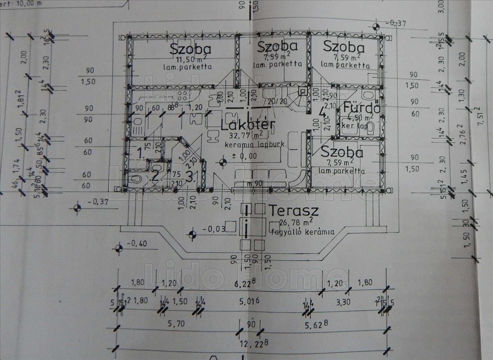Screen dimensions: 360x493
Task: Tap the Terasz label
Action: pyautogui.click(x=294, y=211)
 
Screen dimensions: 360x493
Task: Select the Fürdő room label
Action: pyautogui.click(x=361, y=108)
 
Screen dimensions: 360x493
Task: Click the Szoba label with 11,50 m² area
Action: pyautogui.click(x=191, y=49)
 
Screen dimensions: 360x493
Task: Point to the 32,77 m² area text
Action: pyautogui.click(x=247, y=135)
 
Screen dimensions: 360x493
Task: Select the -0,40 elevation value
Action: pyautogui.click(x=136, y=244)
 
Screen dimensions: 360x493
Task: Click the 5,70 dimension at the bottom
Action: pyautogui.click(x=176, y=323)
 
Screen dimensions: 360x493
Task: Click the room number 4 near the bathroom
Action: pyautogui.click(x=323, y=112)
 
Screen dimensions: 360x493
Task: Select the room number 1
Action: pyautogui.click(x=140, y=154)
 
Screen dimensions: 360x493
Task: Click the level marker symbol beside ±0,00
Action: pyautogui.click(x=223, y=161)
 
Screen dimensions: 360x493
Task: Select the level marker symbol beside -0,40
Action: pyautogui.click(x=119, y=248)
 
